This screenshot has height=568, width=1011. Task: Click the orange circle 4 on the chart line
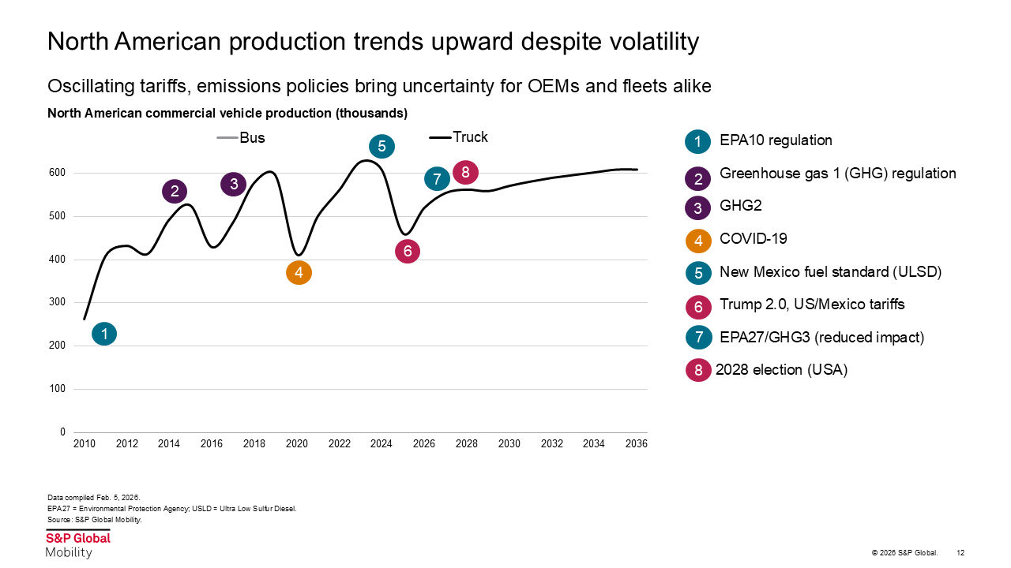[x=299, y=273]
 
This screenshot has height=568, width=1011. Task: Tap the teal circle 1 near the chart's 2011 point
[x=104, y=334]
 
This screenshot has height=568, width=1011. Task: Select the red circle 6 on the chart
[x=407, y=251]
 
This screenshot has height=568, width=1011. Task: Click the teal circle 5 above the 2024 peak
[x=381, y=146]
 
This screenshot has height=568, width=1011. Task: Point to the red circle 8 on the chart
[x=465, y=172]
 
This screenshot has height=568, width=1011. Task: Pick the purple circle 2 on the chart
[x=175, y=191]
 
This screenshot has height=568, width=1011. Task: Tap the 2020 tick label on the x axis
[x=297, y=444]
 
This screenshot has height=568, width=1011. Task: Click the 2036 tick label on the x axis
[x=636, y=444]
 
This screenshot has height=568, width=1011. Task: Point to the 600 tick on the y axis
[x=58, y=173]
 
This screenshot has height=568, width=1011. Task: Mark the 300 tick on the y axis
[x=58, y=303]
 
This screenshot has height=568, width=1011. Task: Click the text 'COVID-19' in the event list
[x=753, y=239]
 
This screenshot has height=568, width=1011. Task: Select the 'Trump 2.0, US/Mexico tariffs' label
[x=812, y=305]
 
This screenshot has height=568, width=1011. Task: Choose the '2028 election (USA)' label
[x=781, y=370]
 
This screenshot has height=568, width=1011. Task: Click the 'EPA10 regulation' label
[x=776, y=141]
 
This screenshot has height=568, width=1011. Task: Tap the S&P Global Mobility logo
[x=77, y=544]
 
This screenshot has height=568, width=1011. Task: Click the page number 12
[x=960, y=552]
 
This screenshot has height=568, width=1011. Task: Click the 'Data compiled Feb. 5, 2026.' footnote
[x=93, y=498]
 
